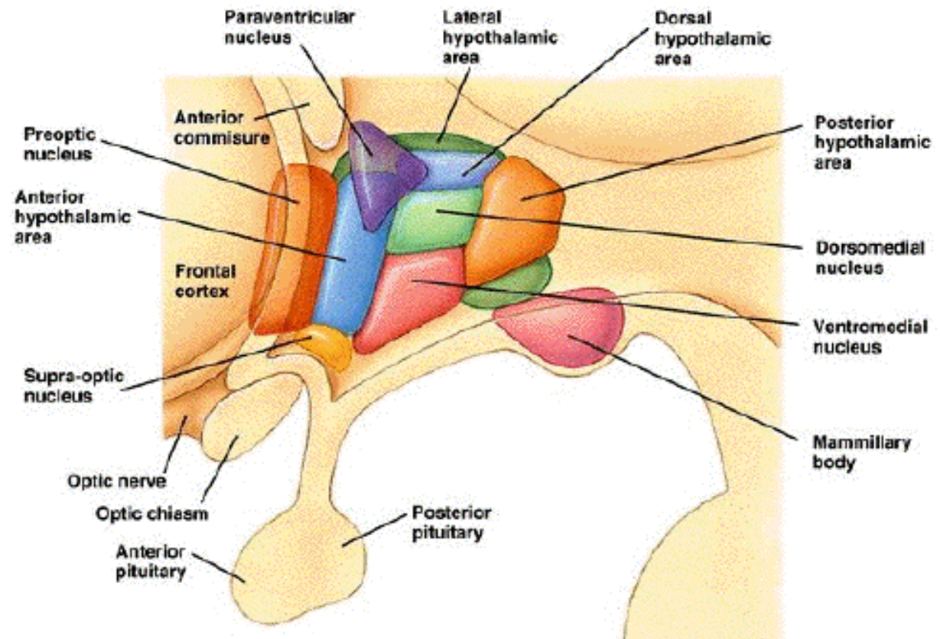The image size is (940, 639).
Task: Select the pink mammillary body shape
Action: [562, 325]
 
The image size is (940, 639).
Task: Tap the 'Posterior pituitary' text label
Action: [451, 522]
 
